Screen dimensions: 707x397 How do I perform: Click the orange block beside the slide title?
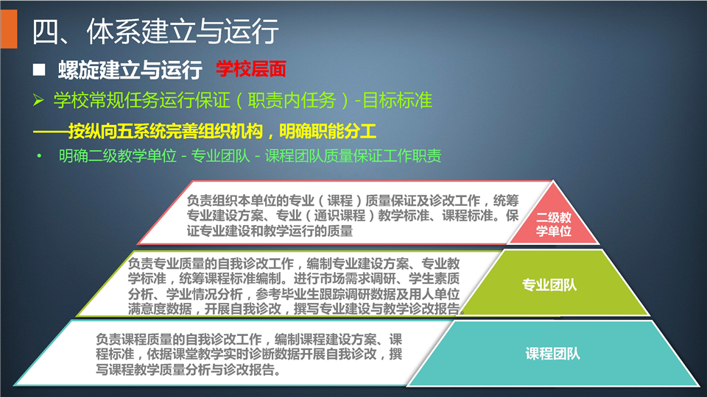tap(9, 29)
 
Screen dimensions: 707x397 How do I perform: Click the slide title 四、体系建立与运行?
tap(155, 32)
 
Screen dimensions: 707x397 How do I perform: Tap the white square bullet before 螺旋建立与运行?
tap(39, 69)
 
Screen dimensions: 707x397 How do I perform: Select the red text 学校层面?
tap(250, 69)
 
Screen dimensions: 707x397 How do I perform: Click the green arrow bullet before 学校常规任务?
tap(38, 100)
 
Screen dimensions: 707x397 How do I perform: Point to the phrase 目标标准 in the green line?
tap(397, 100)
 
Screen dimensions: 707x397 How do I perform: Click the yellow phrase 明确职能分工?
tap(328, 132)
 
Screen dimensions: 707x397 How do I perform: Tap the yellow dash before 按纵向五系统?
tap(51, 132)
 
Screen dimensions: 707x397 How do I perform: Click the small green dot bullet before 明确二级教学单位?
tap(39, 156)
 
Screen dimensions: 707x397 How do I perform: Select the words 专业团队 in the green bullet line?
tap(220, 156)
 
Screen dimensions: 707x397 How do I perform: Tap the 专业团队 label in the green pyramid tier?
tap(549, 285)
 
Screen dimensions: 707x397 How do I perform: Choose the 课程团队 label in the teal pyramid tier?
tap(553, 354)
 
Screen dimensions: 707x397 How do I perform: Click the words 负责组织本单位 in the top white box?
tap(231, 200)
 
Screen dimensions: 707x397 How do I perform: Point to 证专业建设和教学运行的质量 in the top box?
tap(270, 231)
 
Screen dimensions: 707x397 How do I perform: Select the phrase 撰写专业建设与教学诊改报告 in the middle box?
tap(376, 309)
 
